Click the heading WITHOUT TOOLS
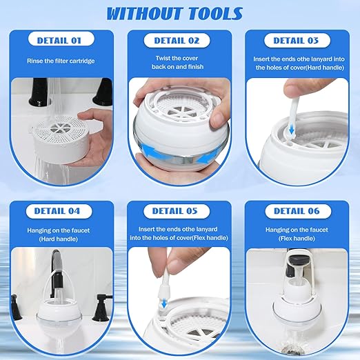click(179, 13)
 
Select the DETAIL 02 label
click(180, 41)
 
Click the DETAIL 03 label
click(298, 41)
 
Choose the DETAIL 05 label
click(180, 210)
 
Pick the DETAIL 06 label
click(298, 210)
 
